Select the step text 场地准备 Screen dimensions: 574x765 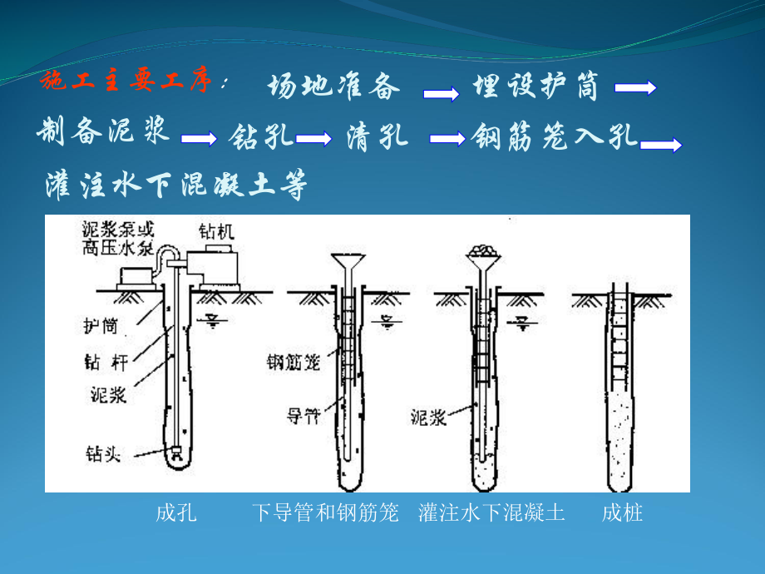coord(334,87)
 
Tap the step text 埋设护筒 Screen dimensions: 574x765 coord(535,87)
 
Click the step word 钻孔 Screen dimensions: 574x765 coord(261,136)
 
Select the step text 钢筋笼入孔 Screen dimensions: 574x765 coord(555,136)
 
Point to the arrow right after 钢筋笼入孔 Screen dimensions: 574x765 coord(663,145)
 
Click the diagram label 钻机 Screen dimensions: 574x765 coord(217,231)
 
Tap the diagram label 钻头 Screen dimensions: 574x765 coord(102,453)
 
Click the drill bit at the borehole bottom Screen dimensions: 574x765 coord(175,454)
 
